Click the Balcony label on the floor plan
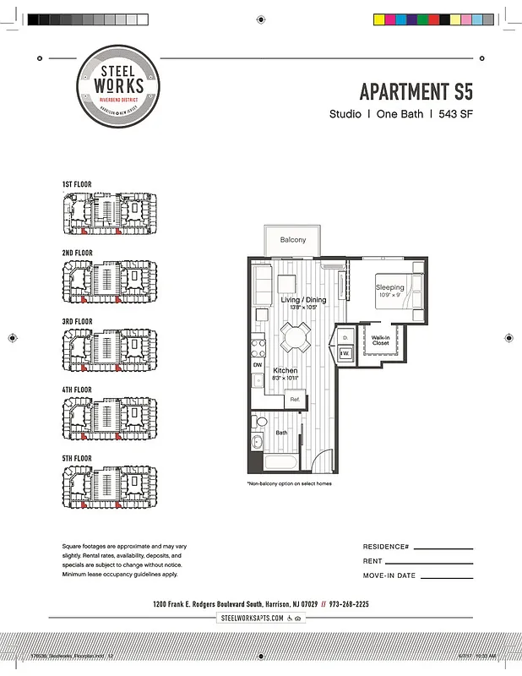(x=292, y=241)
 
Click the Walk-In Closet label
(x=380, y=341)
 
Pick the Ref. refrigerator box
(x=295, y=399)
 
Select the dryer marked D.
(x=346, y=338)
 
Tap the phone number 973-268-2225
(x=348, y=604)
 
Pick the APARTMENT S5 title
(x=416, y=91)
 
